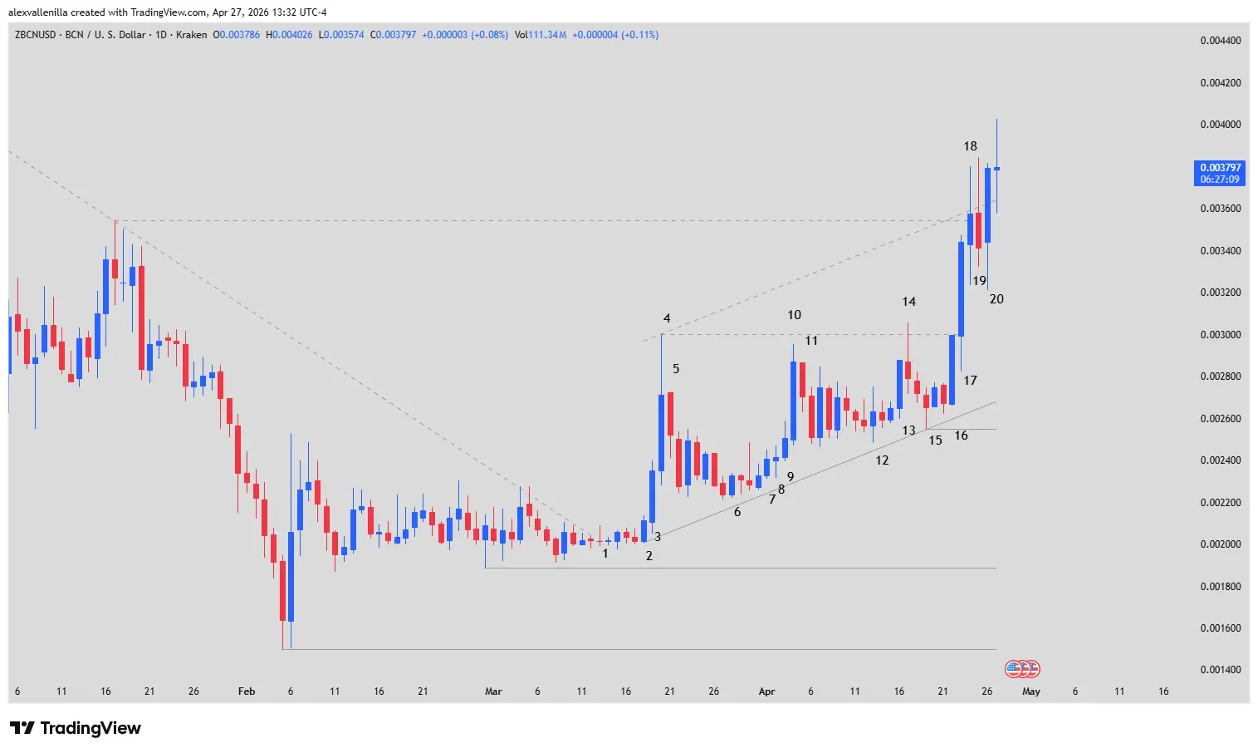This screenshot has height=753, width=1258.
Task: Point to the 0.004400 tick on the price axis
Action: point(1220,41)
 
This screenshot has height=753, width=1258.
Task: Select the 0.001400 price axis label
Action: point(1220,670)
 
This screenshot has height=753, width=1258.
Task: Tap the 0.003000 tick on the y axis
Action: point(1220,335)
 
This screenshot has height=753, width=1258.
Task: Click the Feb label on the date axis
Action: point(247,691)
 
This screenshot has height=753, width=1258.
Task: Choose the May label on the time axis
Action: point(1030,691)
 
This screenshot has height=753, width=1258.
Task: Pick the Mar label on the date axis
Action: point(493,691)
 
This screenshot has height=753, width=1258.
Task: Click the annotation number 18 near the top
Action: point(970,146)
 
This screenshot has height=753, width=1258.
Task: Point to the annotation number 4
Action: point(667,318)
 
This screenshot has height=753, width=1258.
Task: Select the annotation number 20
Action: point(996,299)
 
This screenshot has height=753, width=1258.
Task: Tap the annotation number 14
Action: point(908,302)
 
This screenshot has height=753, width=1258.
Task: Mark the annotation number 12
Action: point(882,460)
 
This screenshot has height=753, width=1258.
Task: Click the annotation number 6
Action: point(737,512)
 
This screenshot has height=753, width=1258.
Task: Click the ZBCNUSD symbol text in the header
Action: point(35,35)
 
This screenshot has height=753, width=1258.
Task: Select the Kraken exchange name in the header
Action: point(191,35)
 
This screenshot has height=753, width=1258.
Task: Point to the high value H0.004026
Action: point(289,35)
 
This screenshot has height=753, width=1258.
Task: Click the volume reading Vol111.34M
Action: point(541,35)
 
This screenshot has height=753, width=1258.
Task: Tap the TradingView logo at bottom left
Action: point(76,728)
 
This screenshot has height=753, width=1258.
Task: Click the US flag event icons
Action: point(1022,668)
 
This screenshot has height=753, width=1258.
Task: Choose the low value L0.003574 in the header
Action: point(341,35)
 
